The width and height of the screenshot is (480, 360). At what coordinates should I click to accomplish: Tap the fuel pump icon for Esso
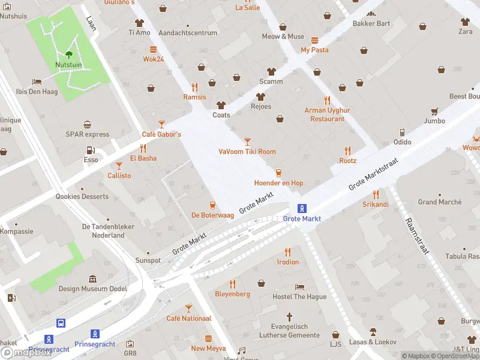point(91,151)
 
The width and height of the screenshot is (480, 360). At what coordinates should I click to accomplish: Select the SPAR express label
point(88,134)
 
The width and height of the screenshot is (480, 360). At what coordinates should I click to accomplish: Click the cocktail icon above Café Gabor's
point(161,124)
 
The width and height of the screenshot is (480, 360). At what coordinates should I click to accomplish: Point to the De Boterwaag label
point(212,215)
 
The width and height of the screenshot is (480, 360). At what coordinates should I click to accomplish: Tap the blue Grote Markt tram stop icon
point(302,209)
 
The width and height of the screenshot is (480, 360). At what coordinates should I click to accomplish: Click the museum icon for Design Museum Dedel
point(92,279)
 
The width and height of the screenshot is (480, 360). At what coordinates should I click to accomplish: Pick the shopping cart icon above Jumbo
point(434,111)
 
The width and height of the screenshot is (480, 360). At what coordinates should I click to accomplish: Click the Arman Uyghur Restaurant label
point(327,115)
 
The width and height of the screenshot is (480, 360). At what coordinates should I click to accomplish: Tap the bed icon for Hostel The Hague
point(300,287)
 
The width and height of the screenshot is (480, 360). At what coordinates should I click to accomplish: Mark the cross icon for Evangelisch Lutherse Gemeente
point(289,316)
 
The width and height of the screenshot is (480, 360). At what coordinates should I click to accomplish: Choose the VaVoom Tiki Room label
point(247,152)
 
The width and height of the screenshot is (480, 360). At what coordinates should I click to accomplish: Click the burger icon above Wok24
point(154,49)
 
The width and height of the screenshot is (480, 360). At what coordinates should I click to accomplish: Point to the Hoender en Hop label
point(278,183)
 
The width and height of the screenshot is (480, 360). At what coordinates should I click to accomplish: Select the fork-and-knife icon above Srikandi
point(376,194)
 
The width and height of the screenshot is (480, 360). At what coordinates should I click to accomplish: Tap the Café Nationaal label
point(188,318)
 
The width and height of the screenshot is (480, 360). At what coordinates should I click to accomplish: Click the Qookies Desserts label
point(82,197)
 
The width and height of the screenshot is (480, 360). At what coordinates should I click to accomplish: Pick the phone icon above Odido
point(402,133)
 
